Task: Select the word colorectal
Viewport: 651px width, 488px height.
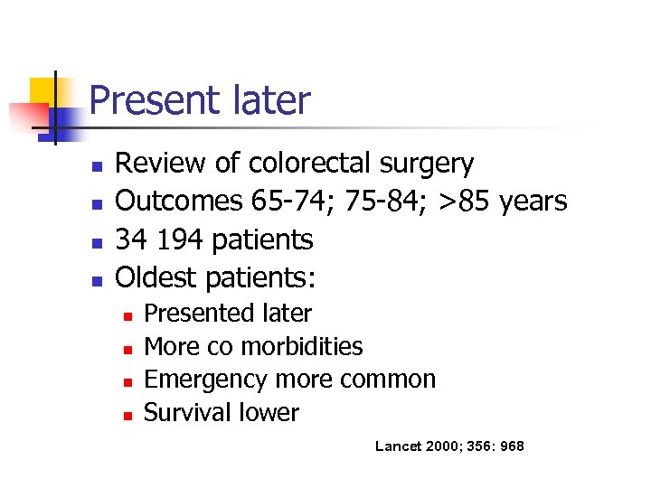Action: [307, 164]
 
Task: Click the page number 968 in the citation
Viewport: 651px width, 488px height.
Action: [511, 446]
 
